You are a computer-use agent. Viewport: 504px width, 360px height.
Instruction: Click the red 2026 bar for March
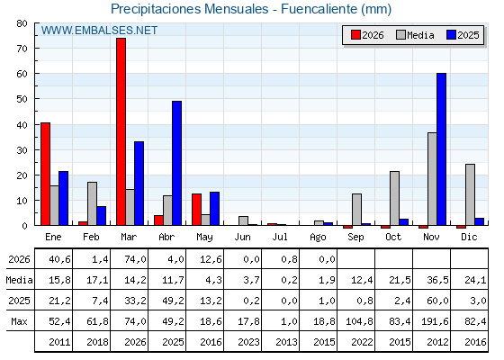[x=121, y=131]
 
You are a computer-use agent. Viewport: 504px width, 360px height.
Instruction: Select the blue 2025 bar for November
[x=441, y=149]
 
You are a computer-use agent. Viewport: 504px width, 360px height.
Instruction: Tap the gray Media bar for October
[x=395, y=198]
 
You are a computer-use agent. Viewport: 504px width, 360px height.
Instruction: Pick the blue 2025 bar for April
[x=176, y=163]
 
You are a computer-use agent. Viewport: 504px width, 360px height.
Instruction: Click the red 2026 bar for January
[x=45, y=174]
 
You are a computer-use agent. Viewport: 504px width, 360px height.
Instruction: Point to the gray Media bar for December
[x=470, y=194]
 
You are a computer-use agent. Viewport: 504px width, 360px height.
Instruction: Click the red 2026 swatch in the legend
[x=355, y=35]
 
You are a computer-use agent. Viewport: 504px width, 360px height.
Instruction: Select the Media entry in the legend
[x=415, y=35]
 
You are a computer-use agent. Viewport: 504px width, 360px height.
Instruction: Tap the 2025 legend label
[x=468, y=35]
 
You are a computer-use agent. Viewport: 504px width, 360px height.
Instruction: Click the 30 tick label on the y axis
[x=22, y=150]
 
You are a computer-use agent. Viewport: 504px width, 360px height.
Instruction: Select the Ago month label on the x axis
[x=318, y=238]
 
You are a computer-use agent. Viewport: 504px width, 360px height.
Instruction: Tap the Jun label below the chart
[x=242, y=237]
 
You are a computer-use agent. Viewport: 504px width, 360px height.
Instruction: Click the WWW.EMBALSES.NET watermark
[x=99, y=31]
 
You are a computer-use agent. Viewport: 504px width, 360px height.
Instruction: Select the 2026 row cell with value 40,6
[x=59, y=259]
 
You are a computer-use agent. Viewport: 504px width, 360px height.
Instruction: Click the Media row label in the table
[x=19, y=280]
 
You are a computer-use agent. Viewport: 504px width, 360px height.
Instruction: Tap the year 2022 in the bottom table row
[x=362, y=342]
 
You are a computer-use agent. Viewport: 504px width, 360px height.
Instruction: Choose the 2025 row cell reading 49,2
[x=173, y=301]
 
